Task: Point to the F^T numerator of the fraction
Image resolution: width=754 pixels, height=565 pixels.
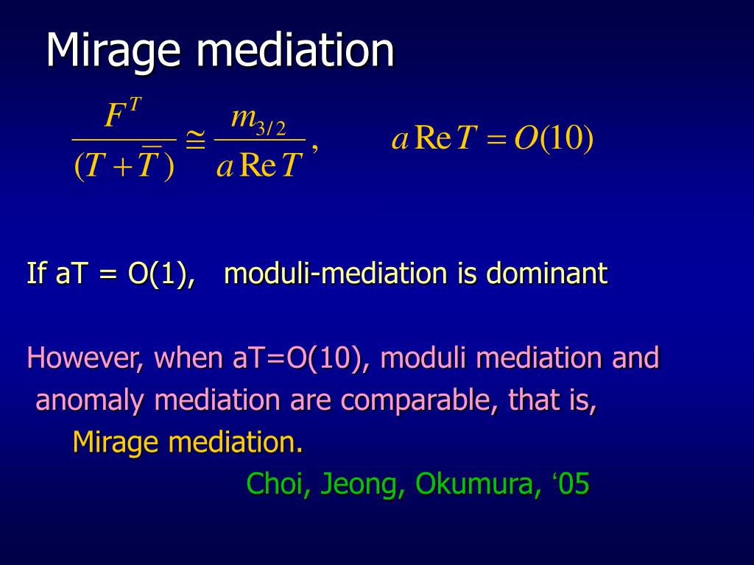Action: click(123, 113)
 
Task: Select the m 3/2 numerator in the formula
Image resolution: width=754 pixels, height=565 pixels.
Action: click(258, 120)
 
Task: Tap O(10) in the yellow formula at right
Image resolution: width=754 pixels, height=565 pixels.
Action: click(554, 139)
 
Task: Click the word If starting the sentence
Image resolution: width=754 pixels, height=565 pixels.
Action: click(36, 272)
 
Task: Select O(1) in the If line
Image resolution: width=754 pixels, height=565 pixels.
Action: click(161, 274)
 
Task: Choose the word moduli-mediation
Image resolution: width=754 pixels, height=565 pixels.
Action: click(336, 273)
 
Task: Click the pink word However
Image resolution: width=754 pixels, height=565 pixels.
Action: click(85, 358)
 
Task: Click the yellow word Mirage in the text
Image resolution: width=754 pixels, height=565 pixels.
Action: click(116, 443)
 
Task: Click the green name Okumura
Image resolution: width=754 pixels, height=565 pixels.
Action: click(474, 483)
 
